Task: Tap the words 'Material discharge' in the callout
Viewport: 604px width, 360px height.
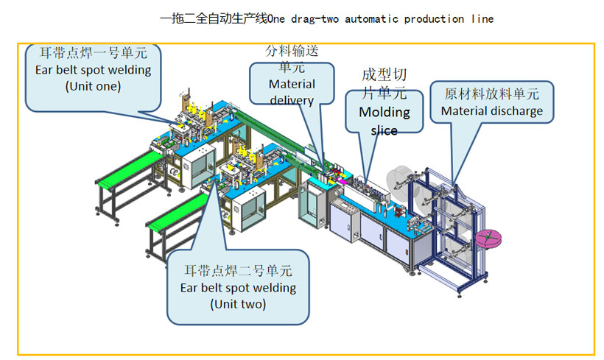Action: [x=491, y=111]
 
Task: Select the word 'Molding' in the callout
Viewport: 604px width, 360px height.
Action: [x=384, y=112]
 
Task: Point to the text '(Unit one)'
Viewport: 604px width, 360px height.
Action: [x=93, y=85]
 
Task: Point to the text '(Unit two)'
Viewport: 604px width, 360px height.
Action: [x=238, y=303]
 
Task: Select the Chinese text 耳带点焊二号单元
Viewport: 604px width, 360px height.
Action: [x=238, y=270]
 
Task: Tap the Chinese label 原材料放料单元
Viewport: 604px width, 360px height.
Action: [x=491, y=94]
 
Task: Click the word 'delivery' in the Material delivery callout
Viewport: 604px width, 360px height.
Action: [x=292, y=100]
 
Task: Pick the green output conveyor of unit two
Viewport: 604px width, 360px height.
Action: [x=174, y=210]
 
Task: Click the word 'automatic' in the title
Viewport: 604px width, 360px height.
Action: [x=357, y=18]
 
